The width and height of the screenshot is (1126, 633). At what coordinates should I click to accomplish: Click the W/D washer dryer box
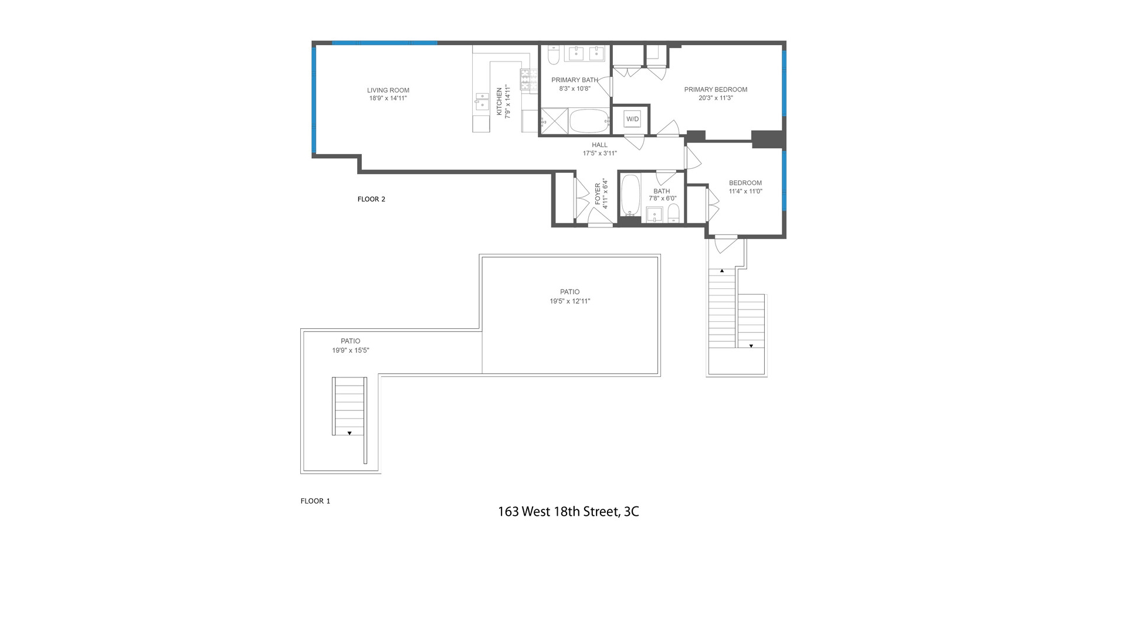click(x=632, y=119)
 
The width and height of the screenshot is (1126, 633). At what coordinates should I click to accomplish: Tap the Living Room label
click(x=388, y=90)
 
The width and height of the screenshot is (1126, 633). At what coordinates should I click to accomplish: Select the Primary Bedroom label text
click(x=715, y=90)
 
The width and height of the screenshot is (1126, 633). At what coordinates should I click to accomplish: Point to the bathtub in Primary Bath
click(x=589, y=121)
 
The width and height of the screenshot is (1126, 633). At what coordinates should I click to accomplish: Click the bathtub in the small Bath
click(x=630, y=195)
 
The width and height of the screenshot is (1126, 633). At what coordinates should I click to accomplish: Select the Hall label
click(x=599, y=145)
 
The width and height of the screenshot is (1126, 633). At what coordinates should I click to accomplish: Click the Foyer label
click(x=598, y=194)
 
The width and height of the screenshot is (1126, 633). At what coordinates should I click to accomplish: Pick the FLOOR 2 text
click(x=371, y=199)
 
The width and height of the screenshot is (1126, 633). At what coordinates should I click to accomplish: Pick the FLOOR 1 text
click(x=315, y=501)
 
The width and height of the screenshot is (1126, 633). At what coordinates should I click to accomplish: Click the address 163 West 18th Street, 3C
click(x=568, y=512)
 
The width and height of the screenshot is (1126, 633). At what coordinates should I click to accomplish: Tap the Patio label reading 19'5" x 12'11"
click(x=569, y=297)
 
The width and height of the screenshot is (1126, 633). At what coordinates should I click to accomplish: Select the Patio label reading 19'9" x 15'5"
click(x=350, y=346)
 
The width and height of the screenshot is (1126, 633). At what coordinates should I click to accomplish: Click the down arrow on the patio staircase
click(x=350, y=433)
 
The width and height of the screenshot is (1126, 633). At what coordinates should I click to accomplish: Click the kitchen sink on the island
click(x=482, y=101)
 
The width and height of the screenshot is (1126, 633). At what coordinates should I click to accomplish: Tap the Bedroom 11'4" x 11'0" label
click(x=745, y=187)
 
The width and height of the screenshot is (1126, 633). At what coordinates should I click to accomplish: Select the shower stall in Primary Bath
click(x=554, y=122)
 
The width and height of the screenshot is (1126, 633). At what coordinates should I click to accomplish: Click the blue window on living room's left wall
click(x=314, y=100)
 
